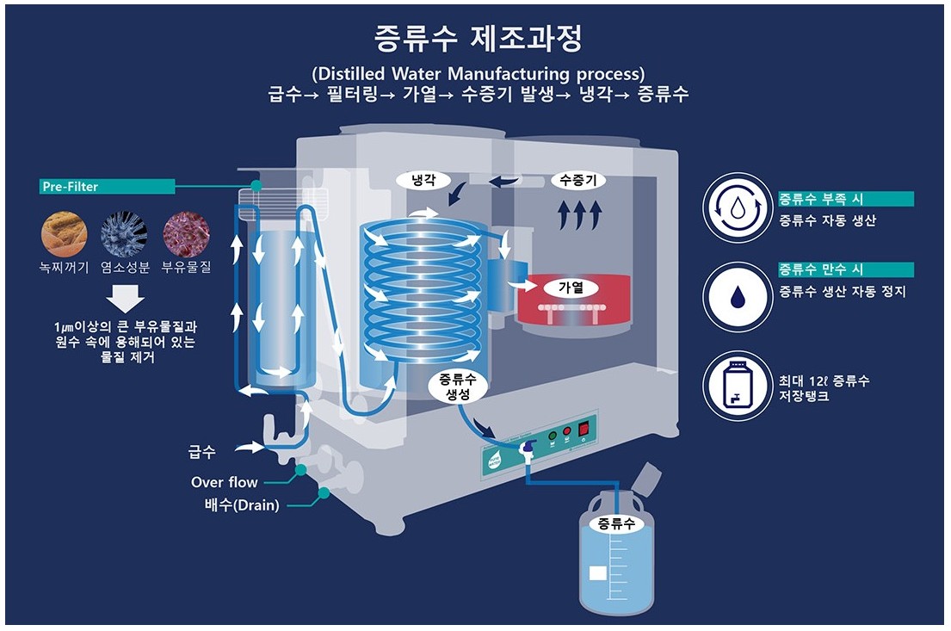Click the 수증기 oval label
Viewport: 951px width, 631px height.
[577, 180]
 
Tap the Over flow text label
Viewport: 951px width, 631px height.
[225, 482]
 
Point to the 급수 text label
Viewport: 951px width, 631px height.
[201, 451]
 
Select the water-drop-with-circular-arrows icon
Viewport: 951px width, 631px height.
[738, 209]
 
